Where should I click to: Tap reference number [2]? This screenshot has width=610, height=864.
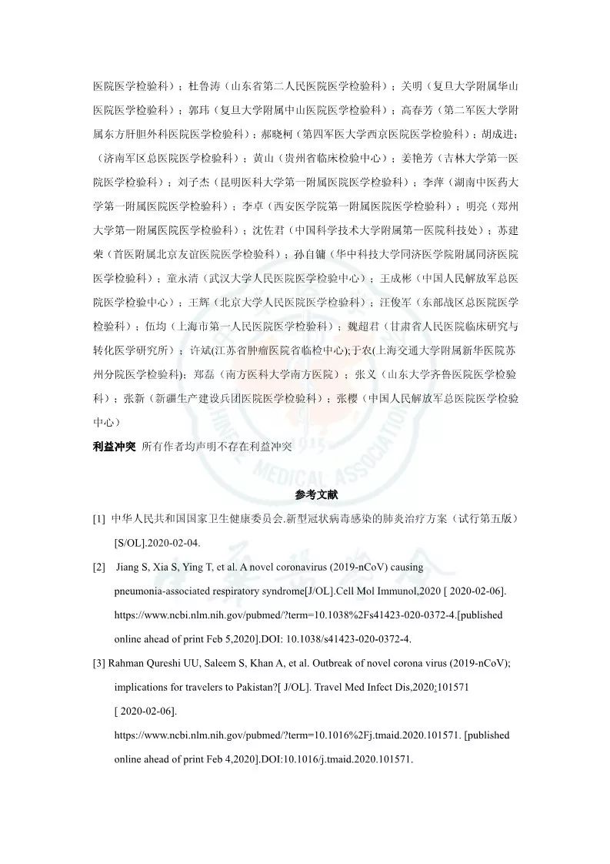point(99,568)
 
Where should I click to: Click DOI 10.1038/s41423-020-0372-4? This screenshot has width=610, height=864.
point(355,638)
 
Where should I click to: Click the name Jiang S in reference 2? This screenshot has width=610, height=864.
point(135,568)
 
